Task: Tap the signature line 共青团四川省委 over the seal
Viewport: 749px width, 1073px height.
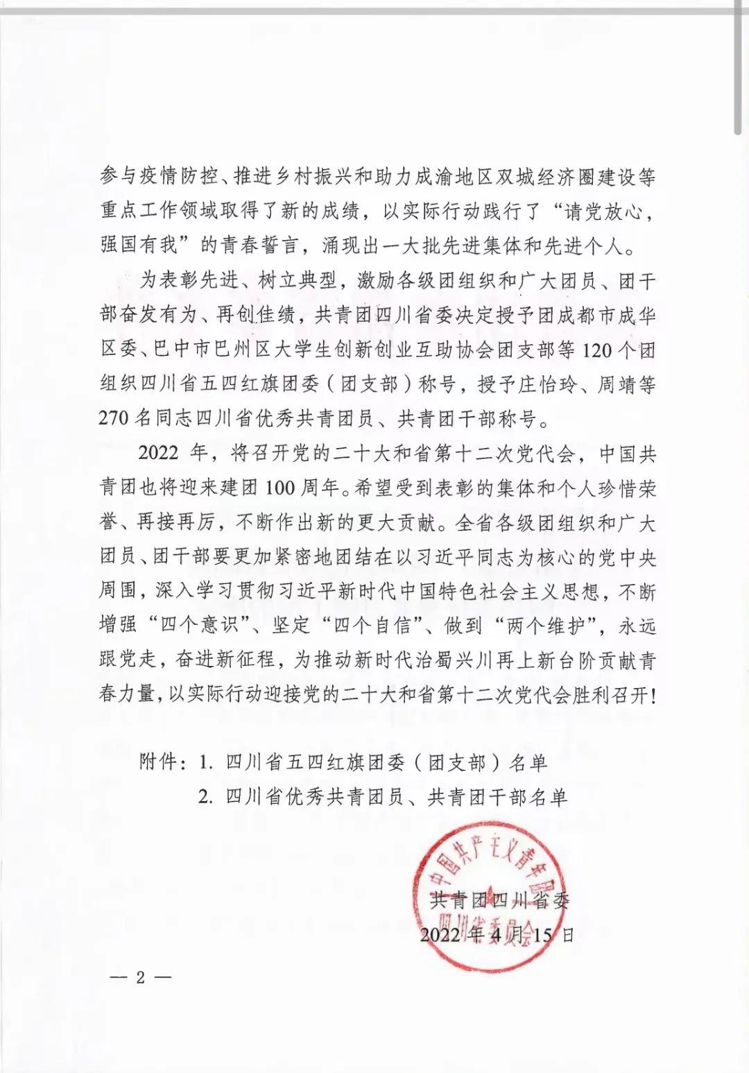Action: point(500,900)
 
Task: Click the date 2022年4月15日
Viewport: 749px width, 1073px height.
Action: point(497,934)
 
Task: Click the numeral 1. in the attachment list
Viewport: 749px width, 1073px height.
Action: point(205,763)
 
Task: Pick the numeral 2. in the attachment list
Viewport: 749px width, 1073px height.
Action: point(205,797)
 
